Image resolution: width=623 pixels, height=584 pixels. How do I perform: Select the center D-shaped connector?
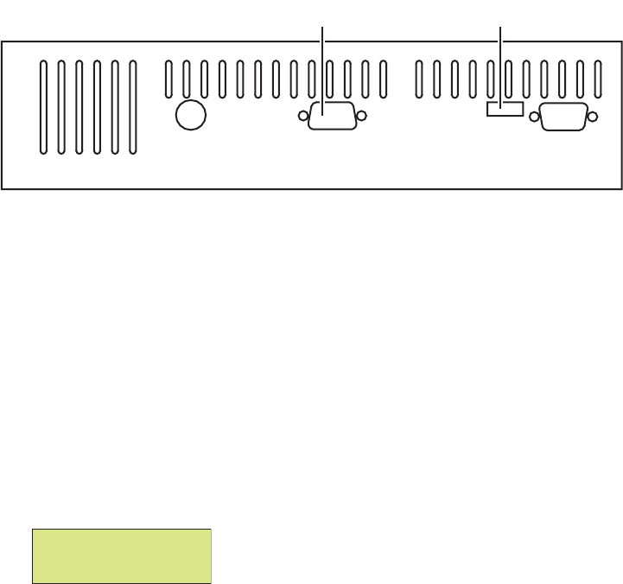click(x=332, y=117)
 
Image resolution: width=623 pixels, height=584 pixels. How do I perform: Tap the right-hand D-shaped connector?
click(x=564, y=117)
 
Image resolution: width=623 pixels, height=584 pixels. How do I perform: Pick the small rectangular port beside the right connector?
click(x=505, y=109)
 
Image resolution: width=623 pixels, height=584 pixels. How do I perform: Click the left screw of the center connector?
click(x=302, y=117)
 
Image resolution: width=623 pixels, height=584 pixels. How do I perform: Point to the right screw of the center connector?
click(x=362, y=117)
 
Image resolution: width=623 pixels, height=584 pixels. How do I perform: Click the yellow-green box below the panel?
click(x=122, y=556)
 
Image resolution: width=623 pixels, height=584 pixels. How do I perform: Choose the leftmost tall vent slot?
click(x=44, y=108)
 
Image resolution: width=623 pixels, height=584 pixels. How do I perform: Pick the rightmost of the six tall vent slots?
click(x=132, y=108)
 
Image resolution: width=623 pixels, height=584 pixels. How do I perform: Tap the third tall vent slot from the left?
click(x=79, y=108)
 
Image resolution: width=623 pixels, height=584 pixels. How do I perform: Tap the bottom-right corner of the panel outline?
click(x=620, y=187)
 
